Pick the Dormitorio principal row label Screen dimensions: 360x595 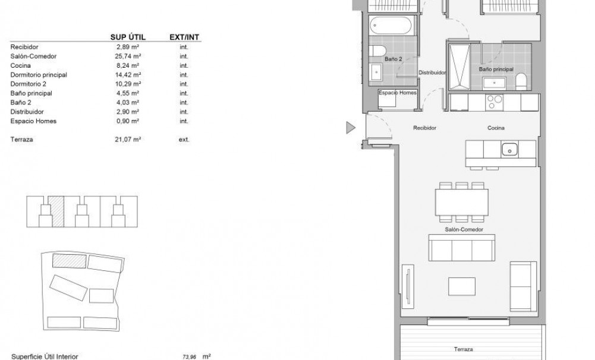point(39,75)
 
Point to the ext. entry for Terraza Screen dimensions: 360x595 point(184,140)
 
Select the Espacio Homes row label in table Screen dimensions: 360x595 point(33,121)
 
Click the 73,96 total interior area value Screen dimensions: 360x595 point(190,356)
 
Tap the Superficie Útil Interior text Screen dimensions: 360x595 point(44,356)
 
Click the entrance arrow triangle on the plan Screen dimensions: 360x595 point(351,127)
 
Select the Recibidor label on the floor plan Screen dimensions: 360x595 point(425,128)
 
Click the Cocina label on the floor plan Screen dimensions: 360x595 point(496,128)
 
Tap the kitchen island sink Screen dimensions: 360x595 point(509,149)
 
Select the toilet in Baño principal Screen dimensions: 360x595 point(521,81)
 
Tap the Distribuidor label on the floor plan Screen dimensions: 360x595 point(432,72)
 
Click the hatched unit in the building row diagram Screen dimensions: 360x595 point(56,211)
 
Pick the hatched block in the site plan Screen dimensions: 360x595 point(70,261)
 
